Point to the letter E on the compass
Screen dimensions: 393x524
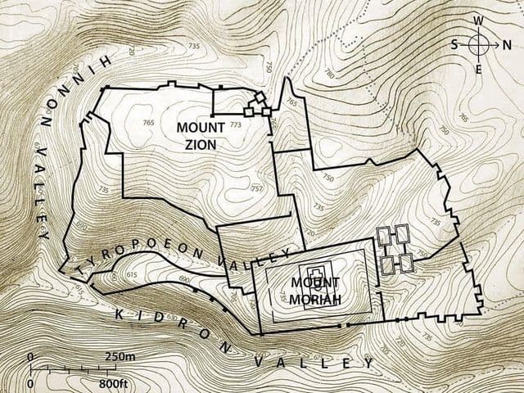pyautogui.click(x=479, y=71)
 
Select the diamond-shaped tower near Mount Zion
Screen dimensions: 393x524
pyautogui.click(x=260, y=98)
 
